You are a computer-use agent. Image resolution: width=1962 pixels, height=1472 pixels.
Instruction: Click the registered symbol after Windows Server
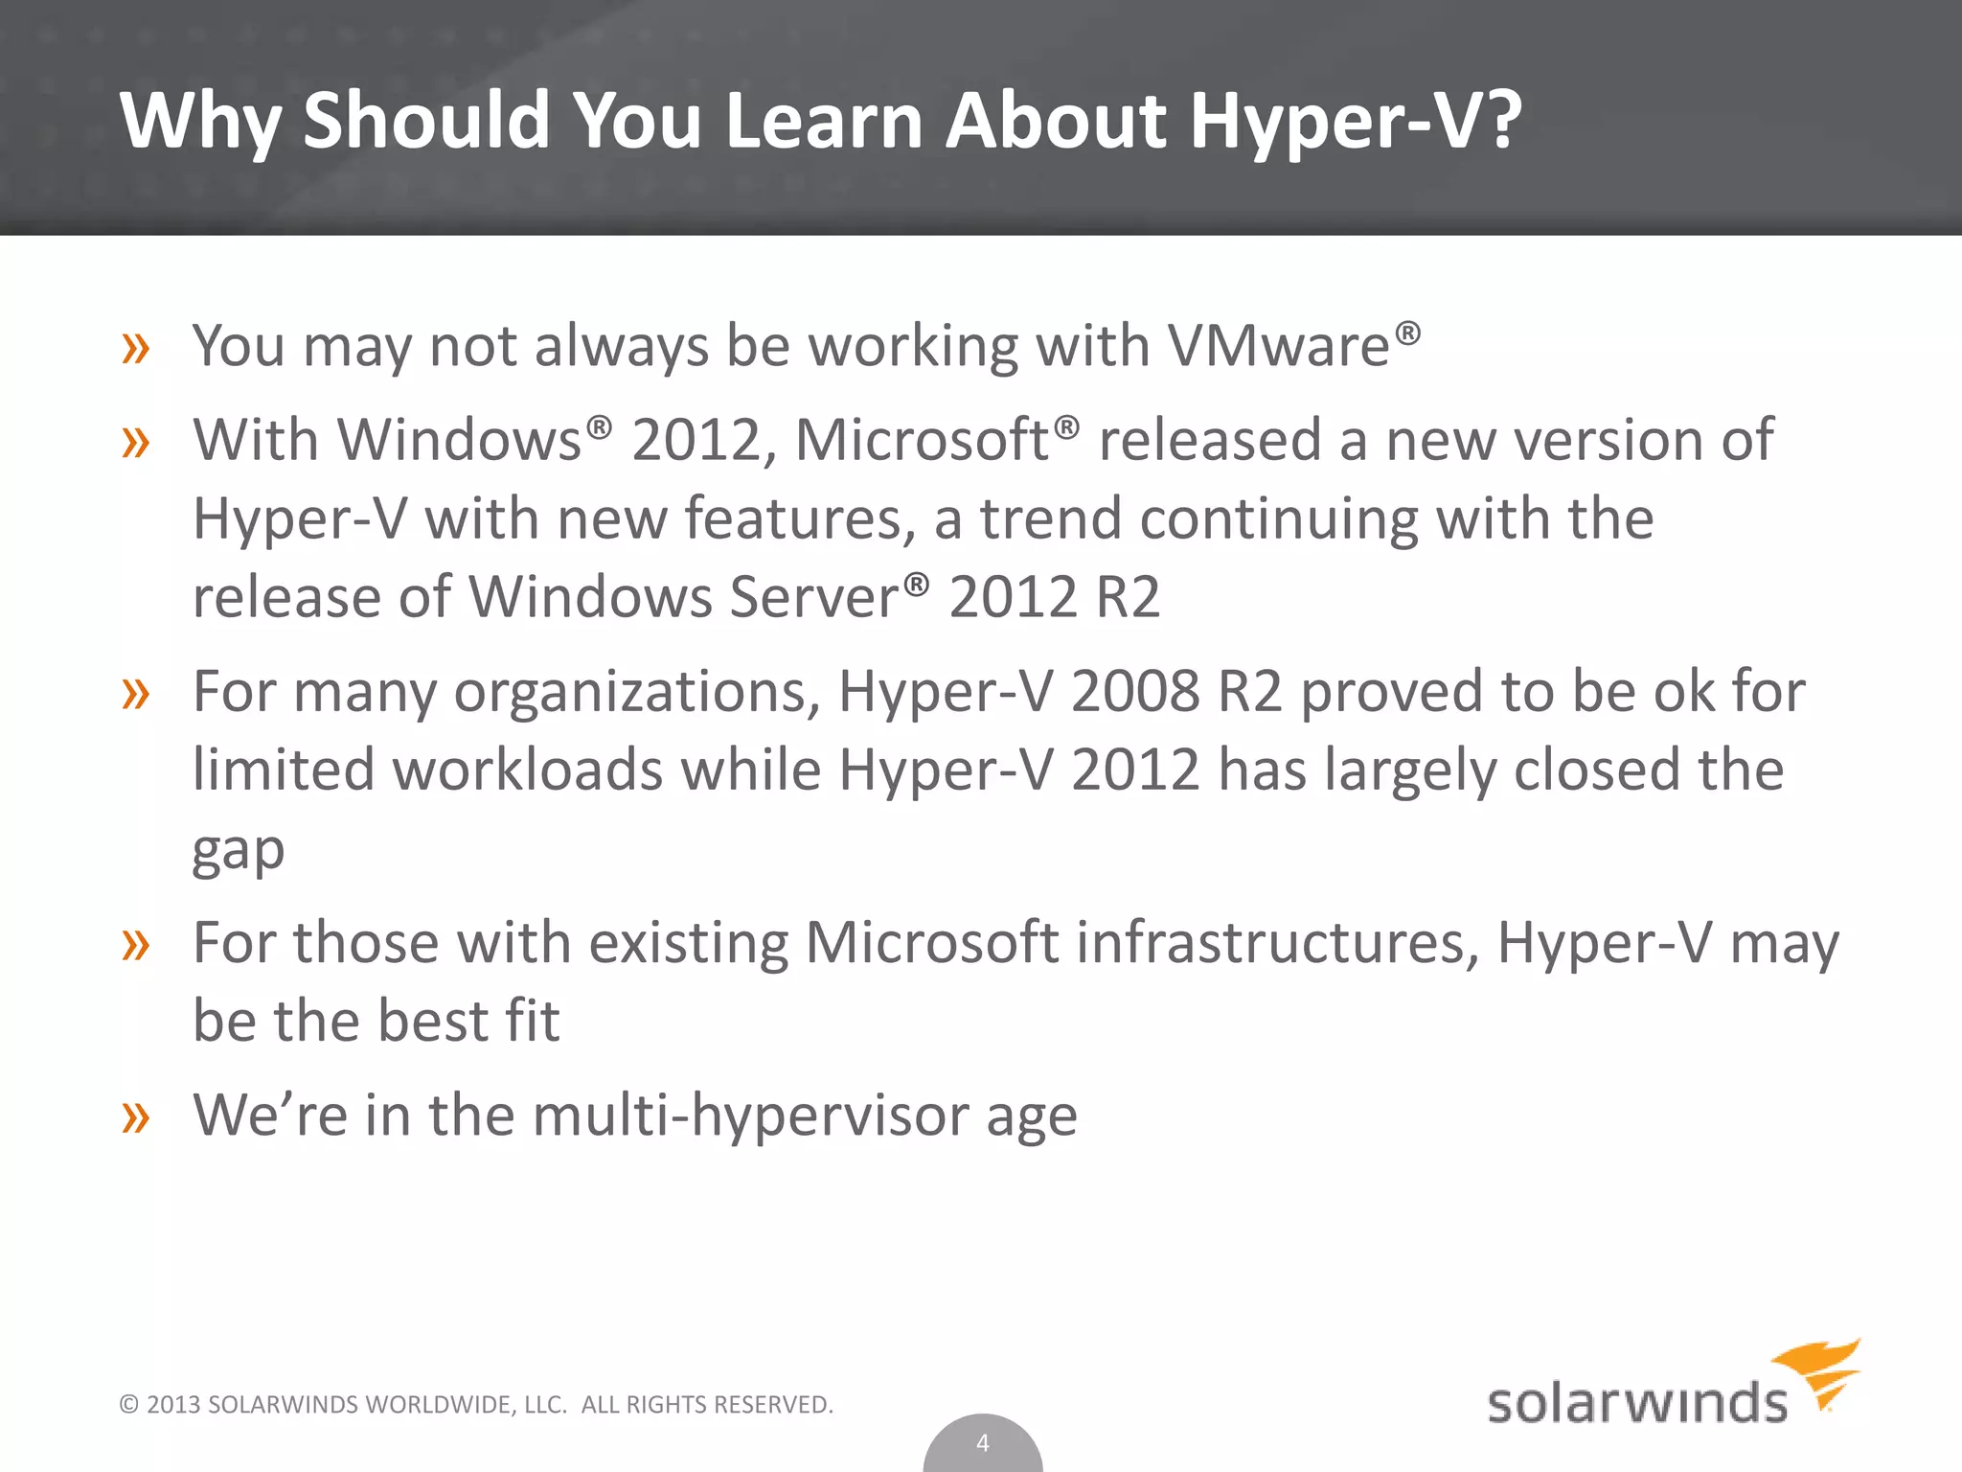917,583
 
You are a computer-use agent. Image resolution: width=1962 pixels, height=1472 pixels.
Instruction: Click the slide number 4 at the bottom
982,1442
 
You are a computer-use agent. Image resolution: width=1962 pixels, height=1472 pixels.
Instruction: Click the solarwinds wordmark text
1636,1403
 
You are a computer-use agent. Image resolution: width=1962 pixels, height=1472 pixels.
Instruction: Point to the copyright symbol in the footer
129,1405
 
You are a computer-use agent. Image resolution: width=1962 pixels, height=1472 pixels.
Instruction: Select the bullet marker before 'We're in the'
136,1117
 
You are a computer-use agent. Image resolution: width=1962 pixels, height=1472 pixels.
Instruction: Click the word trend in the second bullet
1050,518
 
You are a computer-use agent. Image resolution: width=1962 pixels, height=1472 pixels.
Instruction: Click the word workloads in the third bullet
528,770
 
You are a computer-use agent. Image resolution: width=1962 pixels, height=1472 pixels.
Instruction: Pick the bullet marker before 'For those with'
136,945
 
